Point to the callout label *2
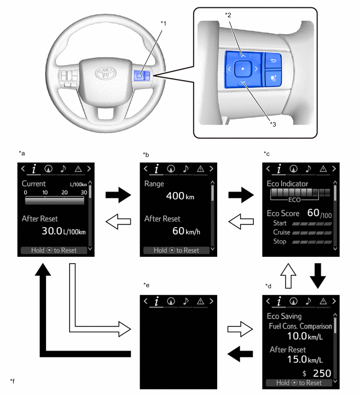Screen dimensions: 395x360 (228, 15)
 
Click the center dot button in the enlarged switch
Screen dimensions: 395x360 (242, 69)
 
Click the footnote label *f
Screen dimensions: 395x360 (12, 380)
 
